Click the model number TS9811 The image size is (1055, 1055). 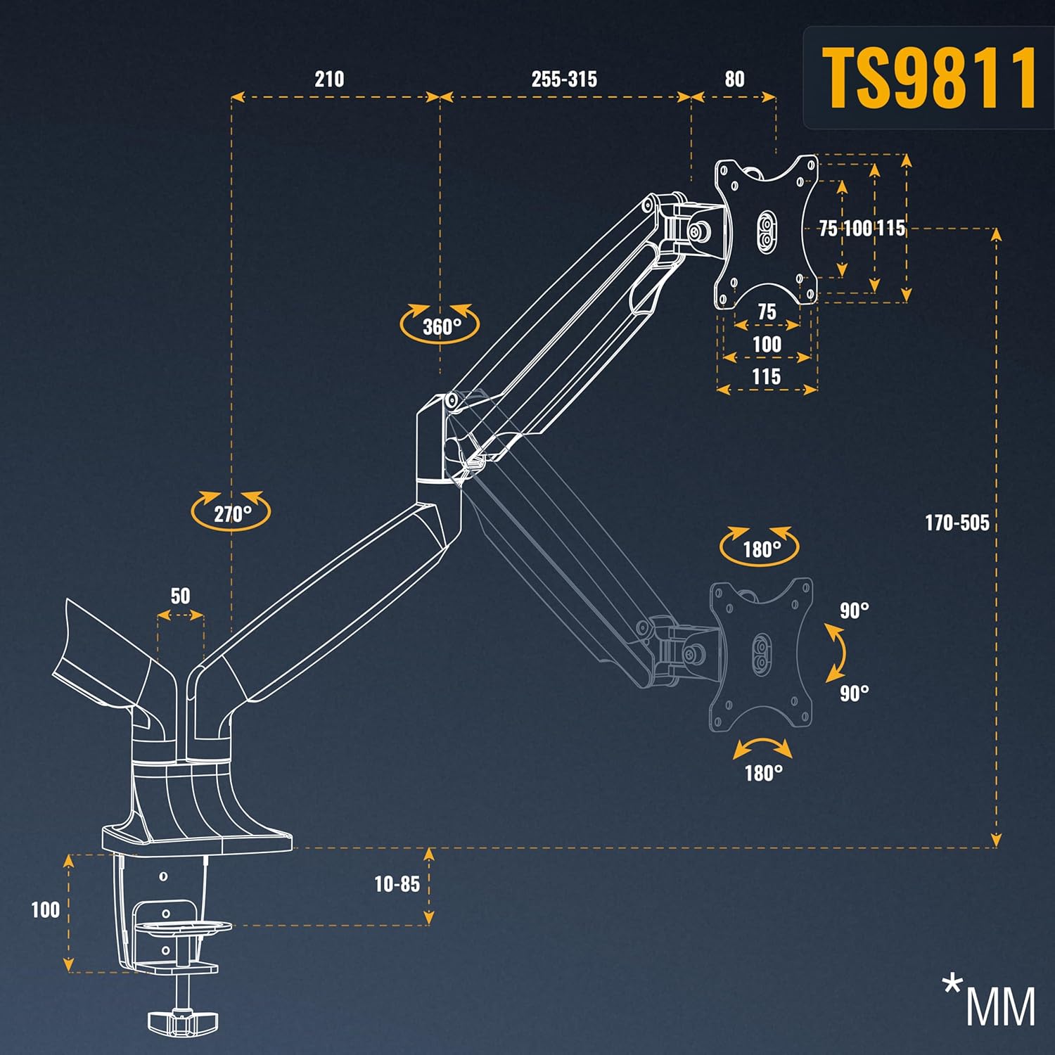click(x=928, y=77)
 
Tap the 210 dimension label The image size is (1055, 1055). click(x=329, y=79)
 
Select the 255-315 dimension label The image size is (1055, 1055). click(x=564, y=79)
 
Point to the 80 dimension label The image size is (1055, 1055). click(x=734, y=79)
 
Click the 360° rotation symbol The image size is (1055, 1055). click(x=440, y=325)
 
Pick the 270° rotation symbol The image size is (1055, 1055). click(x=231, y=512)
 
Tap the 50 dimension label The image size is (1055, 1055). click(x=180, y=596)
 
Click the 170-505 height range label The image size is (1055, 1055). click(x=957, y=523)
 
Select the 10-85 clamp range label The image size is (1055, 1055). click(x=397, y=884)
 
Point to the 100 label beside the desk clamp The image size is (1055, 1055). click(x=45, y=909)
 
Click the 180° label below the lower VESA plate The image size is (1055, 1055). click(x=763, y=774)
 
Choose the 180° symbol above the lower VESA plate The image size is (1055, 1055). click(x=760, y=546)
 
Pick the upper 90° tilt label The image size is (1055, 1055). click(x=854, y=610)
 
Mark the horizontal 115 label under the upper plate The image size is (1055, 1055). click(x=766, y=376)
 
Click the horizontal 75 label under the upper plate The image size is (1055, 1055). click(x=767, y=312)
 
